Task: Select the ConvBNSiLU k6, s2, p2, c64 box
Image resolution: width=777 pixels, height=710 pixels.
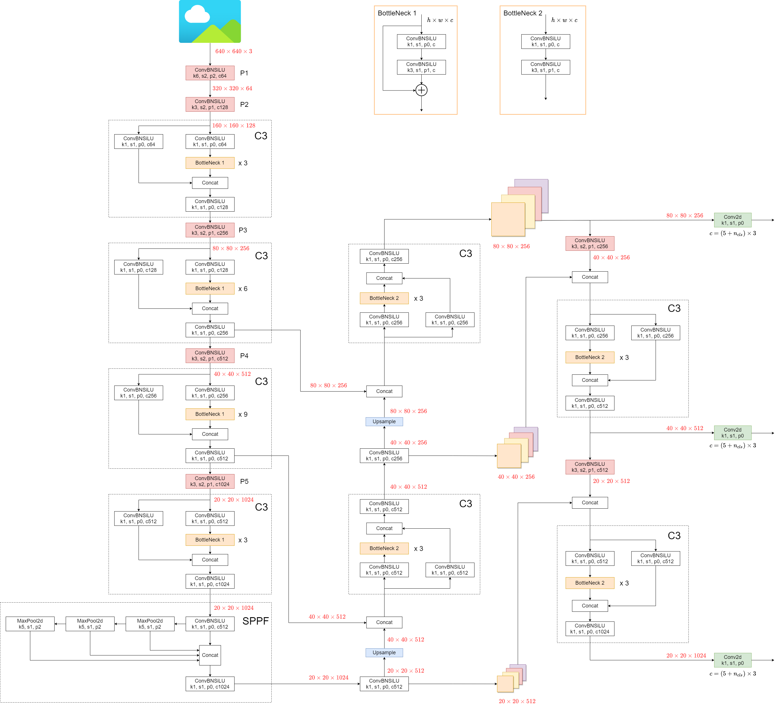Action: tap(210, 73)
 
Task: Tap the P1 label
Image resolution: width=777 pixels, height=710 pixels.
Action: tap(244, 73)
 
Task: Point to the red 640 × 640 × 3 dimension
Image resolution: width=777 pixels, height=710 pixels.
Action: tap(234, 51)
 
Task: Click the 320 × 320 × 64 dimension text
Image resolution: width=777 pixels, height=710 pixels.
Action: tap(232, 88)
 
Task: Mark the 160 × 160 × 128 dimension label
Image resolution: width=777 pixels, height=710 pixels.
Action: tap(234, 125)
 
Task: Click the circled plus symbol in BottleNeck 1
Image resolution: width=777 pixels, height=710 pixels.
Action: tap(421, 90)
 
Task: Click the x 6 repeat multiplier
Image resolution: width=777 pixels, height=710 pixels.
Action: tap(243, 288)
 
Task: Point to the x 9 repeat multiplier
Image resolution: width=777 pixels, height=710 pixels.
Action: tap(243, 414)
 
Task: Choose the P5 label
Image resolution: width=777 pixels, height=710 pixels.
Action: tap(244, 481)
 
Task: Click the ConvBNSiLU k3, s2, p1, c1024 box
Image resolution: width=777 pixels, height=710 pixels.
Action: tap(210, 481)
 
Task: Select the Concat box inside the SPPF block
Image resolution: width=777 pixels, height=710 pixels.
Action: tap(210, 655)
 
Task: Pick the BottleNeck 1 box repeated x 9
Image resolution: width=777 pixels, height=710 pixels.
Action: tap(210, 414)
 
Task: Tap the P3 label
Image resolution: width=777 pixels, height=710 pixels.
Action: tap(243, 230)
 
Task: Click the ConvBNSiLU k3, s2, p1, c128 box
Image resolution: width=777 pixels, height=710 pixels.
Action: tap(210, 105)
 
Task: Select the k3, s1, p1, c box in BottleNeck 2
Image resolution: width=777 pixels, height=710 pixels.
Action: tap(545, 67)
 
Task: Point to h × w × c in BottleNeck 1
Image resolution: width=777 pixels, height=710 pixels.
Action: tap(440, 20)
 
